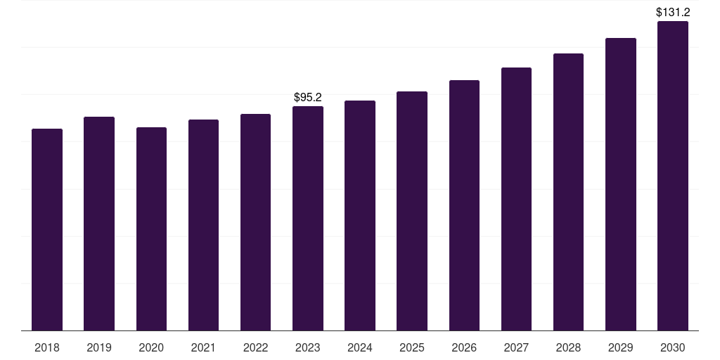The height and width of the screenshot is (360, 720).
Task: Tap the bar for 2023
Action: point(308,218)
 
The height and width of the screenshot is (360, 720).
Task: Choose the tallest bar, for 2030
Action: point(673,176)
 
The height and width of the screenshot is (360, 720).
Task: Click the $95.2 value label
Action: point(308,97)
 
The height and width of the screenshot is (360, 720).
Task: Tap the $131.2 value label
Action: point(673,12)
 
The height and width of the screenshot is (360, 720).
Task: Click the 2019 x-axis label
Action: point(99,347)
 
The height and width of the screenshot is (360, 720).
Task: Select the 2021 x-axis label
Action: point(203,347)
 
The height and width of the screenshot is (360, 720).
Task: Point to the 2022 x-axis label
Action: point(255,347)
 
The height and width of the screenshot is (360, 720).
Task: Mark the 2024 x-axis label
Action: point(360,347)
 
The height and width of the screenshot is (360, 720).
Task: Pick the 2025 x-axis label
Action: point(412,347)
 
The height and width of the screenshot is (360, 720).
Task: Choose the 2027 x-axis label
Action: point(516,347)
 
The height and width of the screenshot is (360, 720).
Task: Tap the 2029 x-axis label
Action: point(620,347)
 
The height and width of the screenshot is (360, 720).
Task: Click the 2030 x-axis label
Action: point(673,347)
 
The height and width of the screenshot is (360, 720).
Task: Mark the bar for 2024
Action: point(360,215)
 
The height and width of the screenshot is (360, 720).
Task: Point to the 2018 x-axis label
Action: point(47,347)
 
